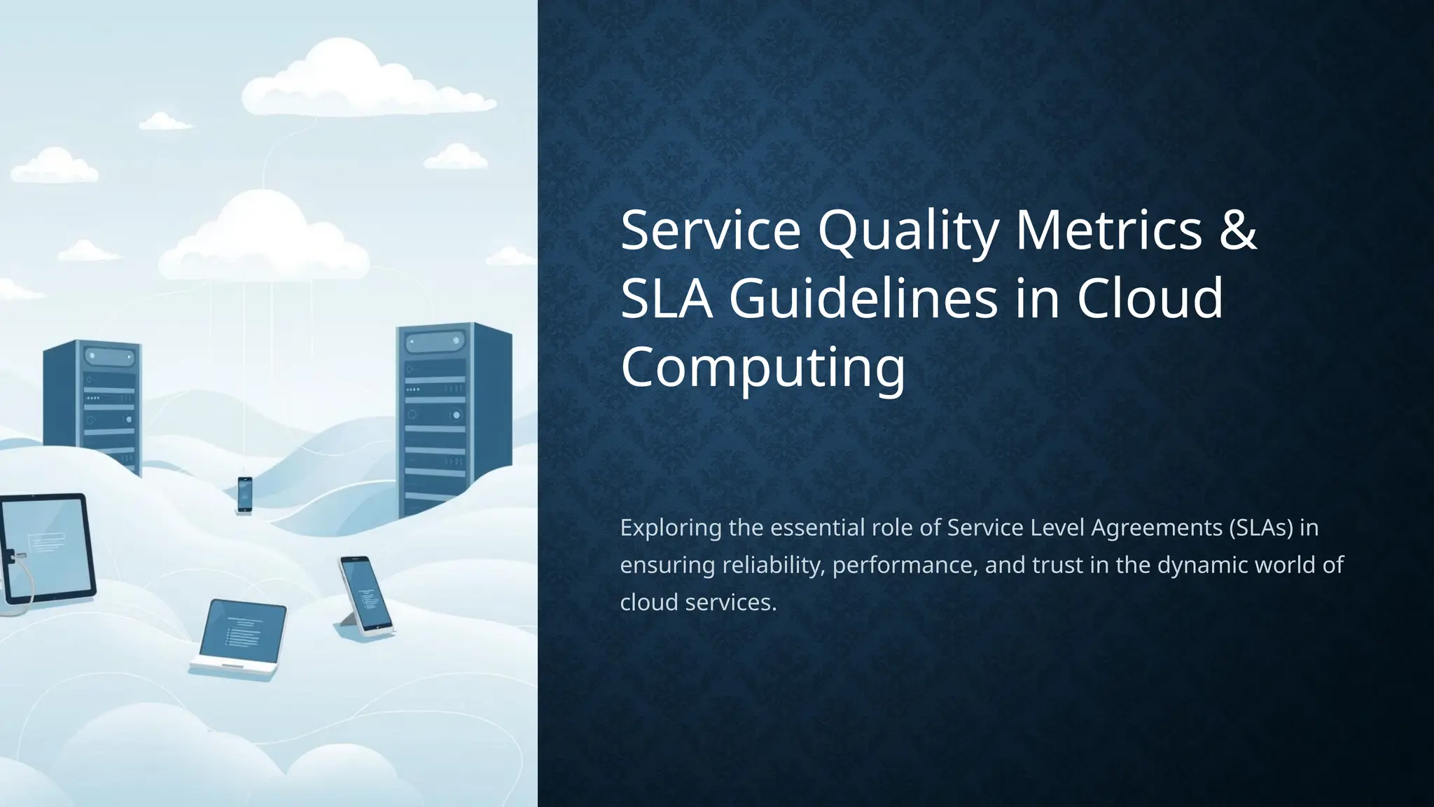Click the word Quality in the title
907,231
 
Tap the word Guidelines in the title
863,298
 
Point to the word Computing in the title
763,367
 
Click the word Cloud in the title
1150,298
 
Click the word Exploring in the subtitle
670,527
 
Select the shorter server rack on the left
93,406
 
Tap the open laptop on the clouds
240,637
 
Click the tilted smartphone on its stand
365,595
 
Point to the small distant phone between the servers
244,494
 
